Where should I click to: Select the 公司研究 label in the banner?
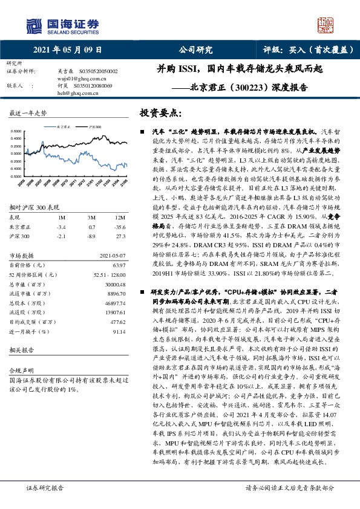point(195,50)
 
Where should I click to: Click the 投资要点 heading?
point(159,112)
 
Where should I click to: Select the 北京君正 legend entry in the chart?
point(65,128)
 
